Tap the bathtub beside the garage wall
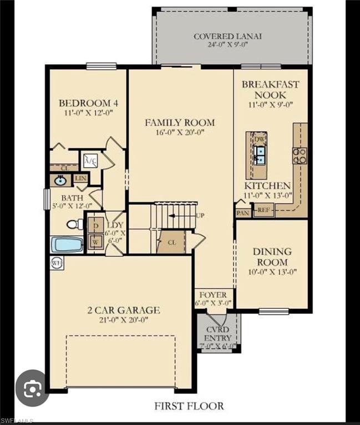point(67,245)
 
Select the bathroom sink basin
point(59,180)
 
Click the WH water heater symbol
point(57,263)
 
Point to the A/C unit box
point(90,161)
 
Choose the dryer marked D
point(95,226)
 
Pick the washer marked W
point(95,241)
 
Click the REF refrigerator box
point(264,210)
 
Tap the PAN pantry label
point(243,213)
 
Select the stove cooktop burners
point(300,156)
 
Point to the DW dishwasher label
point(259,139)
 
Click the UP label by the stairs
point(200,216)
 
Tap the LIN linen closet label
point(80,178)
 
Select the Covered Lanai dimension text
point(228,45)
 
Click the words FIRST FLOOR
point(189,406)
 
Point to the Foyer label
point(213,295)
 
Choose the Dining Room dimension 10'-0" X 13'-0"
point(272,272)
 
